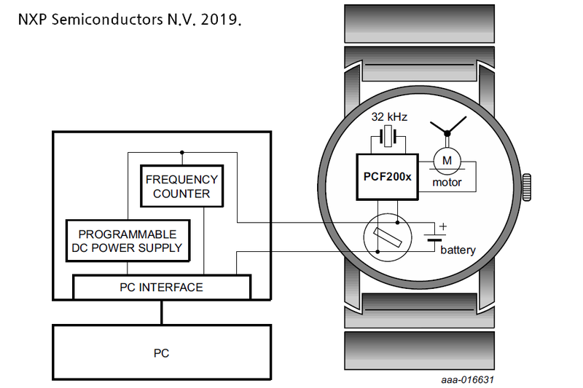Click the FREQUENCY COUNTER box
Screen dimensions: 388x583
[x=181, y=186]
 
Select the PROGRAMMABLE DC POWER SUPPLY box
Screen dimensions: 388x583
[x=127, y=242]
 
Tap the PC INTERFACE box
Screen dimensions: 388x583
[x=161, y=288]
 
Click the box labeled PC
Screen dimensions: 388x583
[x=161, y=353]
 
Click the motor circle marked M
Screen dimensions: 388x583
[x=447, y=159]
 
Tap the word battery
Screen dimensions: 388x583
[x=458, y=250]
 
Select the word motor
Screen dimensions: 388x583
[x=447, y=182]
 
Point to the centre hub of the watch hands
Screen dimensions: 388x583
[x=447, y=132]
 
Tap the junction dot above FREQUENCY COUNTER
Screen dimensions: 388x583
[x=181, y=153]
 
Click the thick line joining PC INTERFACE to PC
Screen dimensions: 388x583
[x=161, y=312]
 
